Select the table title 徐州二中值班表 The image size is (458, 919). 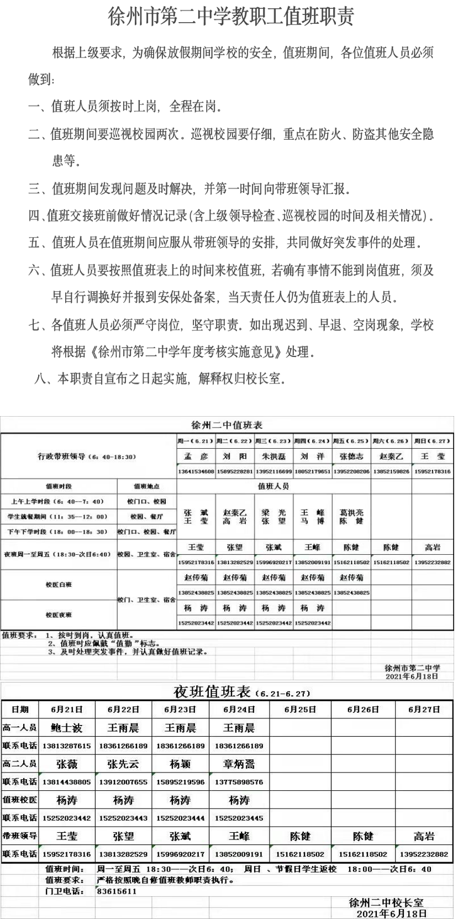point(227,425)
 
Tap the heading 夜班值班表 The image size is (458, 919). point(213,691)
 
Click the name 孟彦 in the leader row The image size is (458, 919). point(196,456)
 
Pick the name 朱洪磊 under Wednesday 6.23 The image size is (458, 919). point(273,456)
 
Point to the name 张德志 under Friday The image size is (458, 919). point(351,456)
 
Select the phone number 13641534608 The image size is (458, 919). point(196,471)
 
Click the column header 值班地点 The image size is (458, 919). point(147,486)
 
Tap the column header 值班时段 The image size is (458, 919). point(59,486)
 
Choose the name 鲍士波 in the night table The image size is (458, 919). point(66,728)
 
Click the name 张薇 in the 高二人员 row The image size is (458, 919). point(66,764)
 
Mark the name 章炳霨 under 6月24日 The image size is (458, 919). point(239,764)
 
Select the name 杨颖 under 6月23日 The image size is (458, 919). point(181,764)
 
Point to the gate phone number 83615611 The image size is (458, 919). point(116,891)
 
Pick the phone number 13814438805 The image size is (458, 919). point(66,782)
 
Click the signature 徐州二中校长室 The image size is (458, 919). point(386,902)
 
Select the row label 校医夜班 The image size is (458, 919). point(59,615)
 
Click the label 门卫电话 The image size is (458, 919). point(64,891)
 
